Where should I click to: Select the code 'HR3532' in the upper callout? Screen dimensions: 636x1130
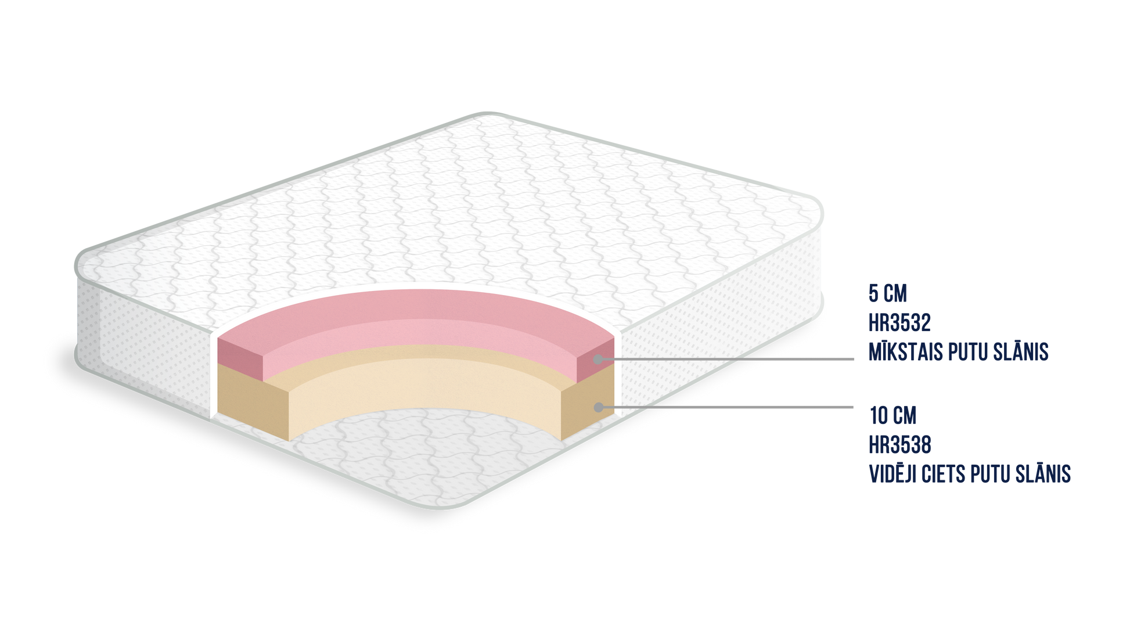(899, 323)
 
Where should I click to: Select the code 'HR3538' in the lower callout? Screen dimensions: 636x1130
(901, 445)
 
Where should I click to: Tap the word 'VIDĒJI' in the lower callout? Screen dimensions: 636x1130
(894, 474)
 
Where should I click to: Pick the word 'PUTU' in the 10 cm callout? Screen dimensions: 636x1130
(993, 474)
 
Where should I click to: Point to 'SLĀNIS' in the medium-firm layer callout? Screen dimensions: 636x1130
(1045, 474)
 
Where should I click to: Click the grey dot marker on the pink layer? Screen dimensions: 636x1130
(598, 360)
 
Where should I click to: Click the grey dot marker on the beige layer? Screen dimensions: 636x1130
(598, 408)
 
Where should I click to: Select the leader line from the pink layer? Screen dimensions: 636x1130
(726, 360)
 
